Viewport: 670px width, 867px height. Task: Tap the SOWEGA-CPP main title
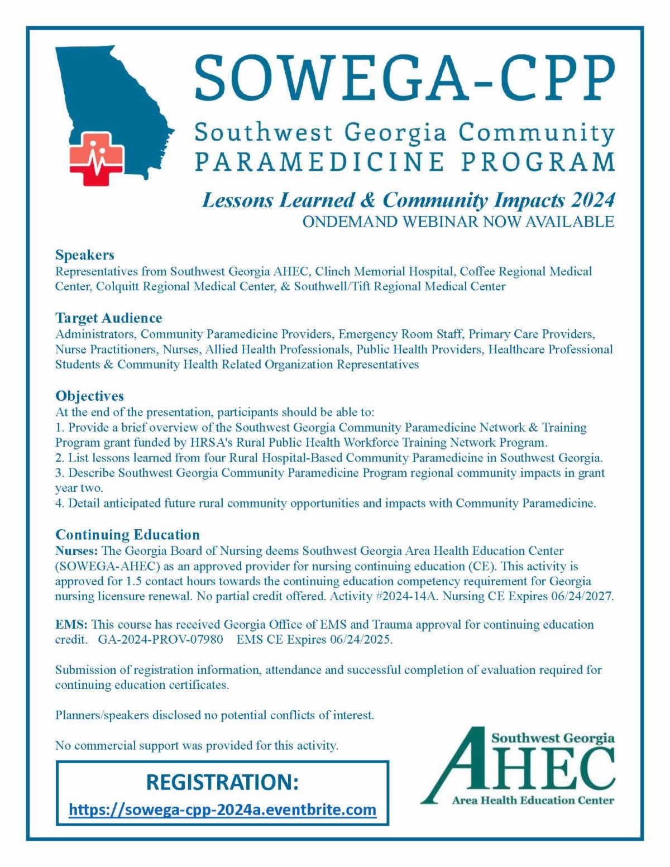tap(404, 77)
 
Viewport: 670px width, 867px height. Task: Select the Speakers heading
tap(84, 255)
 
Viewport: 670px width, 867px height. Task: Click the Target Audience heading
tap(108, 318)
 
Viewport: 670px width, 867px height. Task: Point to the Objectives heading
tap(89, 396)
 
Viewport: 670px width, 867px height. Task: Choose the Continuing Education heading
tap(127, 535)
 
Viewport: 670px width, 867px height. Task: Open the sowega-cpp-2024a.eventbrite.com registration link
tap(222, 809)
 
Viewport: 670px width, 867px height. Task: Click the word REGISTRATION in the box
tap(222, 782)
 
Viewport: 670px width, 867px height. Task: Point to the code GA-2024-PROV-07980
tap(160, 639)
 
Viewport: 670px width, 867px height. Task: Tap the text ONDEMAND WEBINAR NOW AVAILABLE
tap(458, 222)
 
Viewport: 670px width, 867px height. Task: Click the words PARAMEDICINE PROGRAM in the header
tap(404, 162)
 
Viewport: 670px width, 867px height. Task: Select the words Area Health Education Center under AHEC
tap(533, 801)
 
